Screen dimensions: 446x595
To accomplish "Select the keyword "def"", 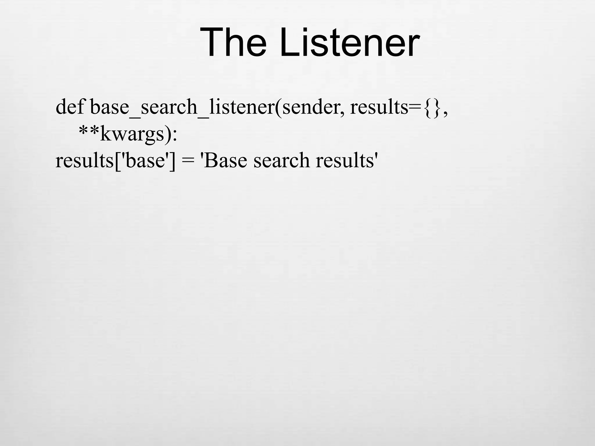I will (70, 107).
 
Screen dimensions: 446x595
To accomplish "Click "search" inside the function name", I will (169, 107).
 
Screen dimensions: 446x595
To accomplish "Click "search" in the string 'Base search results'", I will (281, 160).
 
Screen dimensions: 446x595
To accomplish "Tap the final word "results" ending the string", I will (345, 160).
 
